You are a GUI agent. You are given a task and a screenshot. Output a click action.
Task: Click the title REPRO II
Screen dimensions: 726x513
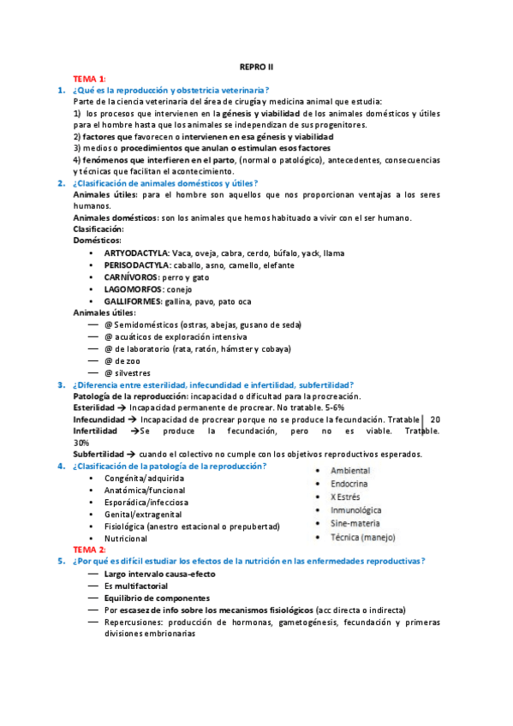tap(256, 66)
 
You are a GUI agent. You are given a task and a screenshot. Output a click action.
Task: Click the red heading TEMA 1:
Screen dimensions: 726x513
tap(90, 78)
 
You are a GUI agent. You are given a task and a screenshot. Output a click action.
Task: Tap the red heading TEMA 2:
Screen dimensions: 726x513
tap(90, 549)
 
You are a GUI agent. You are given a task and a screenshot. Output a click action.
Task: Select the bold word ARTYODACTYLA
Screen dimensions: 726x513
tap(136, 253)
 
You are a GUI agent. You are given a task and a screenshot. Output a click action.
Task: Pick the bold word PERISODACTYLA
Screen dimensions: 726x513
tap(137, 265)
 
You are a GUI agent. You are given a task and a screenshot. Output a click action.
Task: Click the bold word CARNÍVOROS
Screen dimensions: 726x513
tap(131, 277)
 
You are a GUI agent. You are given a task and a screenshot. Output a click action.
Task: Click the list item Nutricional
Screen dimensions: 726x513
tap(126, 539)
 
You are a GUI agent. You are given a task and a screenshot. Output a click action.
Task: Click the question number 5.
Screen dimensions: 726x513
tap(61, 561)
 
